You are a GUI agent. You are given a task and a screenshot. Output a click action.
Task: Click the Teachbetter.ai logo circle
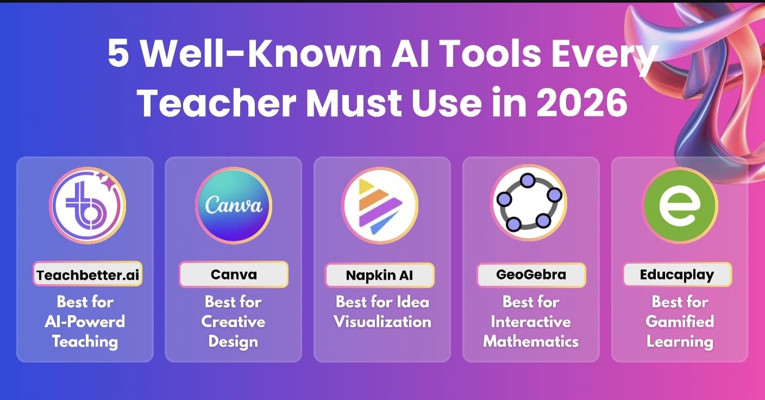point(88,205)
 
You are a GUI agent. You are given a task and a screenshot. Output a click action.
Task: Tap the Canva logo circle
point(234,205)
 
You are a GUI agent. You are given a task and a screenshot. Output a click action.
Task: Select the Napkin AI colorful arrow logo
point(380,205)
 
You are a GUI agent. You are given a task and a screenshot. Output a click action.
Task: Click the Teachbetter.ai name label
point(88,274)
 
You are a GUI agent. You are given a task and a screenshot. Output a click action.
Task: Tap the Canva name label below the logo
point(234,274)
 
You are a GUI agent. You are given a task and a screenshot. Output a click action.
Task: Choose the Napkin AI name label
point(380,275)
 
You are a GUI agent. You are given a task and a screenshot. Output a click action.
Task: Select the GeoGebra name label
point(531,275)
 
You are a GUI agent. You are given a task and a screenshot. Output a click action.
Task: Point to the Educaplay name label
point(677,274)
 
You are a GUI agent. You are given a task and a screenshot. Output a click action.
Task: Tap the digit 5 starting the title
point(118,53)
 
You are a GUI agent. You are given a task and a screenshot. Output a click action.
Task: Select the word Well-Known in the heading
point(261,53)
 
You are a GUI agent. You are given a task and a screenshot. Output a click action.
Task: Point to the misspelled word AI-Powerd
point(85,322)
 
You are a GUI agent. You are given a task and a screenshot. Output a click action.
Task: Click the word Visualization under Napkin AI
point(382,322)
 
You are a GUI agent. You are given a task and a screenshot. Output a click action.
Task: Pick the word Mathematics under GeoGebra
point(531,342)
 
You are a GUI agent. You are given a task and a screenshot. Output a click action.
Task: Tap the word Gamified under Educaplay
point(680,322)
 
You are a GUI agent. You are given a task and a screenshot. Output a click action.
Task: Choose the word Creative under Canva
point(233,322)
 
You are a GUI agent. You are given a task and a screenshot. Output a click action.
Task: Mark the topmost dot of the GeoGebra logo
point(528,180)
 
